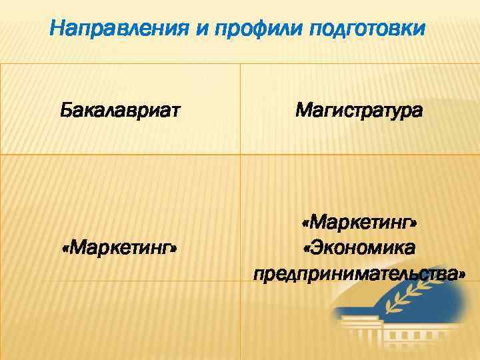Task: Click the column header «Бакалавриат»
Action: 119,109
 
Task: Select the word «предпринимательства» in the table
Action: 356,274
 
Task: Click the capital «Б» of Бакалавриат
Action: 65,109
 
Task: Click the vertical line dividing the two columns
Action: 240,200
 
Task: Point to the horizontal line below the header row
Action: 240,155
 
